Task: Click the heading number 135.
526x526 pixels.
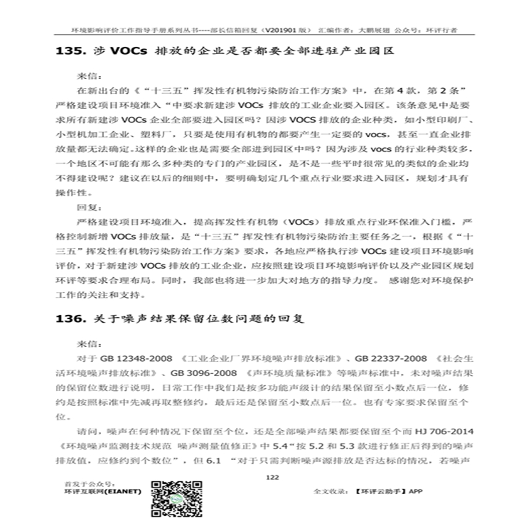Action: pos(71,52)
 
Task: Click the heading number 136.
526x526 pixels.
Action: pos(71,320)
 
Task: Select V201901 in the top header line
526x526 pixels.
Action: pos(281,31)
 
